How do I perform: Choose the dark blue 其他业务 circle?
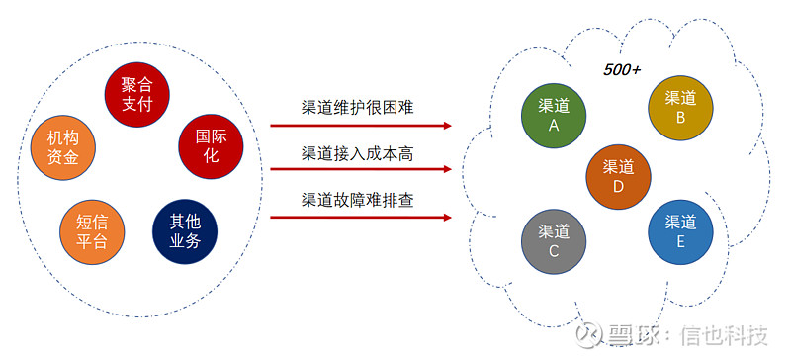click(185, 230)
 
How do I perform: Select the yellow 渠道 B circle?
click(680, 107)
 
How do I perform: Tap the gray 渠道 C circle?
click(554, 240)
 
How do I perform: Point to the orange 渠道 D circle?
click(618, 176)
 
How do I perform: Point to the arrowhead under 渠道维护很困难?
click(448, 126)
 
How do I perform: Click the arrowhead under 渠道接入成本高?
click(448, 171)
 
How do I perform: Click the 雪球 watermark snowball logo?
click(590, 334)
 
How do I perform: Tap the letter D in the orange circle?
click(618, 186)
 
